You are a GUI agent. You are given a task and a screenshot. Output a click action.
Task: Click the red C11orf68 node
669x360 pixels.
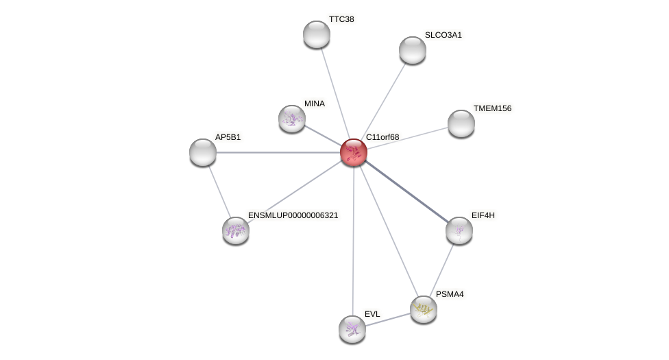354,152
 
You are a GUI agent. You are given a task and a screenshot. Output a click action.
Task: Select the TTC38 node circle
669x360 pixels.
317,34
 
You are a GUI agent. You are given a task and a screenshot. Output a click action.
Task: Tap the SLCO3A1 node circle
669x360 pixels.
413,49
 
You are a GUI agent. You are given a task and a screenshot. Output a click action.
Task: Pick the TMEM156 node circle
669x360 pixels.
461,123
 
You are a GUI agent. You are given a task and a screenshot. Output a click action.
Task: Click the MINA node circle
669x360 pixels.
292,119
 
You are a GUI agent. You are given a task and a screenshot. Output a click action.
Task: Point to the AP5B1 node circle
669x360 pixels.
203,152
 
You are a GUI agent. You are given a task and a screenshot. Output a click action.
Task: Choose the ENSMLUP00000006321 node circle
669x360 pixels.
236,230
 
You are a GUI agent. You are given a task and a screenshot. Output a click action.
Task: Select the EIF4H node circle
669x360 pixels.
459,230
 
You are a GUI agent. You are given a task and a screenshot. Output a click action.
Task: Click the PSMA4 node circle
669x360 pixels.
424,309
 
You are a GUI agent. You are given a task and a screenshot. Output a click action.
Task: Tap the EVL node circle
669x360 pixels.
352,329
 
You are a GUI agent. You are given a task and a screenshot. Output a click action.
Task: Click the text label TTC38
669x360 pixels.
341,19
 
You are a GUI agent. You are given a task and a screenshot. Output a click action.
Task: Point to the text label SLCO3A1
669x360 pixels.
443,35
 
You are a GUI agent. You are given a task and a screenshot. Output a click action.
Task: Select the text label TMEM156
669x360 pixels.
492,108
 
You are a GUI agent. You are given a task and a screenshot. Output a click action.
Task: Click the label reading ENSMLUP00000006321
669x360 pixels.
293,215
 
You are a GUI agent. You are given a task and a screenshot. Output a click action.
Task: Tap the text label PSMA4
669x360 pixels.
450,295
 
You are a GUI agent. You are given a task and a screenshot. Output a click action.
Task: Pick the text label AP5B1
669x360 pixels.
228,137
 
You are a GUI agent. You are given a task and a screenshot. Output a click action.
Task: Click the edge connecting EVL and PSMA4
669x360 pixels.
388,320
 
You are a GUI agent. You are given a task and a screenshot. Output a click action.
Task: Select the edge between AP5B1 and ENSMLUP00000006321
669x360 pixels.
219,191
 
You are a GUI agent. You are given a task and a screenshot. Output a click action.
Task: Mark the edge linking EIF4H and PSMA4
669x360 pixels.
442,269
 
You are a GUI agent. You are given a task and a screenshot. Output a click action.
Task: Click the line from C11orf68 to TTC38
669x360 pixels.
335,93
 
